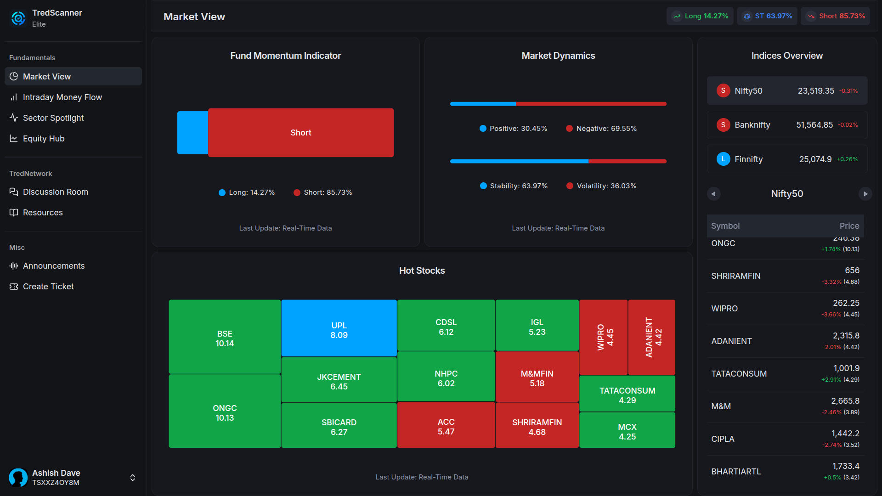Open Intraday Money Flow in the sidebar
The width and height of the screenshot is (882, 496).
(62, 97)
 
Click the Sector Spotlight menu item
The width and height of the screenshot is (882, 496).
(53, 118)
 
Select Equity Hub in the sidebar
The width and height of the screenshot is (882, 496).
(44, 139)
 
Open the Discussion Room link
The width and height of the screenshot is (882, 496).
(55, 192)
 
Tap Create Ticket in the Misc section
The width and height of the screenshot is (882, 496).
(48, 287)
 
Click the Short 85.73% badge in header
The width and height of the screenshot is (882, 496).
(835, 16)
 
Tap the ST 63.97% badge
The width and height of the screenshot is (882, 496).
(767, 16)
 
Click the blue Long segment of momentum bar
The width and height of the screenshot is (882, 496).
(192, 133)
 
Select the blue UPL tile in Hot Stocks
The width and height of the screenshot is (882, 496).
(339, 328)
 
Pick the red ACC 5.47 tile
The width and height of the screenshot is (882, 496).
(446, 425)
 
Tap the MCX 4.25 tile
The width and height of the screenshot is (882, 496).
(627, 430)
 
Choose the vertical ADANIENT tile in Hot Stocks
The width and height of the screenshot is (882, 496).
(652, 337)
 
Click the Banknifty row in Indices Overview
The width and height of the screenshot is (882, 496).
(787, 125)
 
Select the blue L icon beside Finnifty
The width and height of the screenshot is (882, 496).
(723, 159)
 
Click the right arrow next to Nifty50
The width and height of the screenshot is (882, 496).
(865, 194)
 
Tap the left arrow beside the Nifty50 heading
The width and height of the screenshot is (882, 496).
(713, 194)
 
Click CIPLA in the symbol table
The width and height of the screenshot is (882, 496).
(723, 439)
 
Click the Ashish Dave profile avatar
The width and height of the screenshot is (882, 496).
(18, 478)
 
